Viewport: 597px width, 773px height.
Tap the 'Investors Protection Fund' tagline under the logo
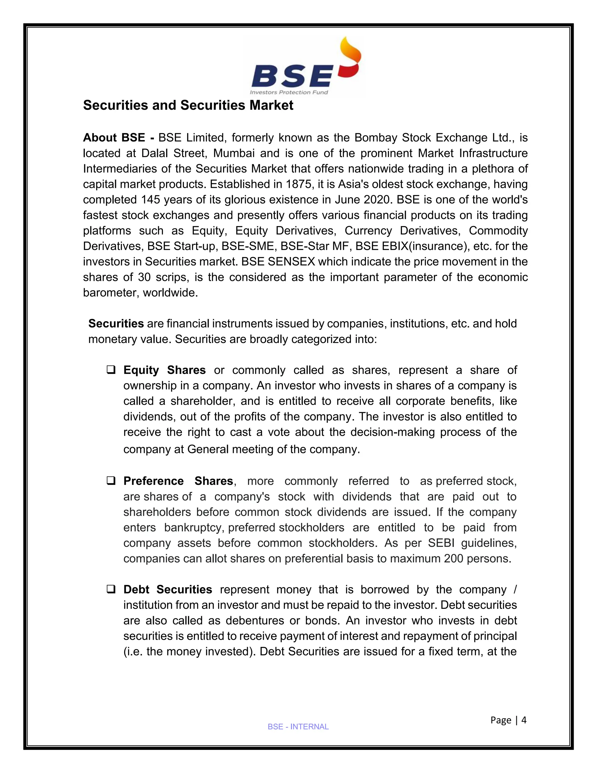click(x=289, y=92)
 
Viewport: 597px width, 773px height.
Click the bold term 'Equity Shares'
click(x=164, y=370)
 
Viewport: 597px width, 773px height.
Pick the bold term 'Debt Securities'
click(x=168, y=589)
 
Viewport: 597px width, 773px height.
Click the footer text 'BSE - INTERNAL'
click(x=298, y=727)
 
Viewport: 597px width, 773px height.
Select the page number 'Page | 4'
click(x=508, y=720)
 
